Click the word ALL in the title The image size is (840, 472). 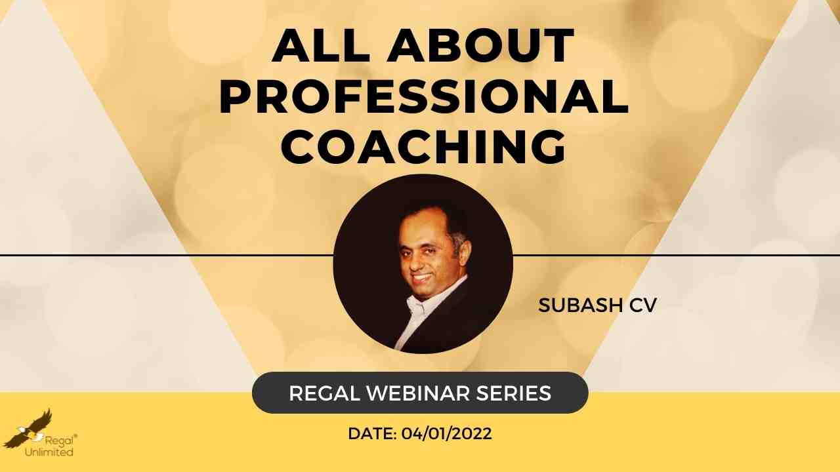tap(322, 45)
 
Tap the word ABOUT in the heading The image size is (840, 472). tap(481, 45)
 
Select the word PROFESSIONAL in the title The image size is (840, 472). tap(424, 96)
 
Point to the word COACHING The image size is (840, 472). tap(424, 147)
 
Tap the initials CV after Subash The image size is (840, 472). tap(642, 305)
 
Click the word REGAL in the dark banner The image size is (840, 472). tap(325, 393)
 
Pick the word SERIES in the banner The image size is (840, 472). tap(514, 393)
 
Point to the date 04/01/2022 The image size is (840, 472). tap(447, 434)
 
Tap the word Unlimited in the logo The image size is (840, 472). tap(49, 452)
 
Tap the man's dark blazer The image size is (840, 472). tap(450, 322)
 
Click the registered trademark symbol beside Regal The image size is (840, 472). tap(75, 436)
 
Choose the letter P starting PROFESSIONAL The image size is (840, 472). tap(235, 96)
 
